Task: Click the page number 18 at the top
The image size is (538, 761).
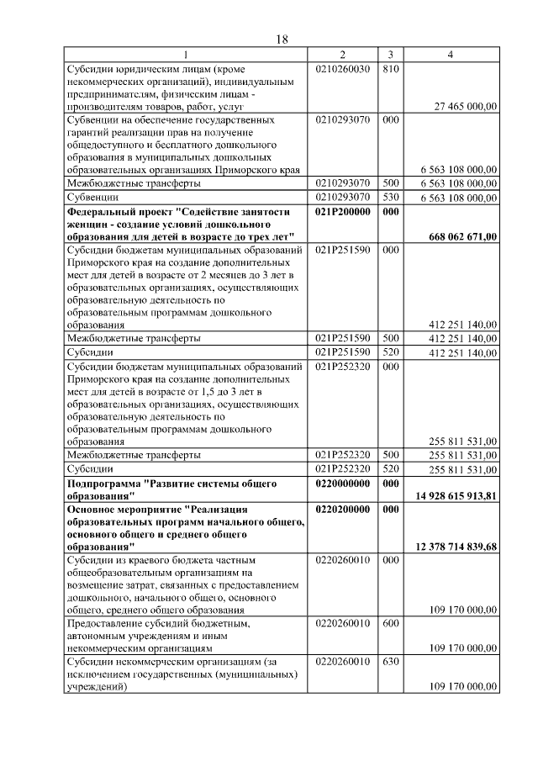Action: tap(282, 40)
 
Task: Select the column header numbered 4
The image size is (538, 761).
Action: tap(451, 55)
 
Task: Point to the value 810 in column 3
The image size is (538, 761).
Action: tap(389, 69)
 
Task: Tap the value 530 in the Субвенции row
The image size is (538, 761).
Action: tap(389, 198)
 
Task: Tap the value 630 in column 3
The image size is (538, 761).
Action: tap(389, 662)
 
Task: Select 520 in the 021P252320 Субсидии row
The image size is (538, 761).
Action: tap(389, 468)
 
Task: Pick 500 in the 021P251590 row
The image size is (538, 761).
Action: tap(389, 338)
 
